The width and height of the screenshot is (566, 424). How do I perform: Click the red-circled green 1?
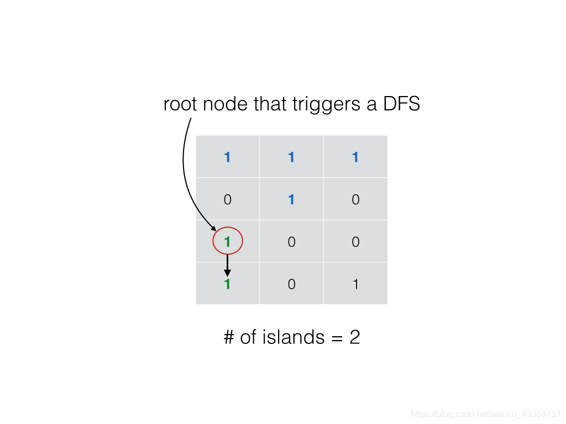(227, 241)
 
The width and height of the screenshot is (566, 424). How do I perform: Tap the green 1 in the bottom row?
(227, 284)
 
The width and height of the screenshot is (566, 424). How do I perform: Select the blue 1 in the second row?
(291, 199)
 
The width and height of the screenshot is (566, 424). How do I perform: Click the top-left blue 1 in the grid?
(227, 157)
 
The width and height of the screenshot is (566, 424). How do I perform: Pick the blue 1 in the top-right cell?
(355, 157)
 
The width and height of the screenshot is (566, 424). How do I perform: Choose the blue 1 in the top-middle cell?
(291, 157)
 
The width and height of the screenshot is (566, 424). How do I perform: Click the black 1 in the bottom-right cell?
(355, 284)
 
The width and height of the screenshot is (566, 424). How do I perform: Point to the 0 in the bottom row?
(291, 284)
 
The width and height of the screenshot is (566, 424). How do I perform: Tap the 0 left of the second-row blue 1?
(227, 199)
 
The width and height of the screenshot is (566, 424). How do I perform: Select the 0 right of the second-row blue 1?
(355, 199)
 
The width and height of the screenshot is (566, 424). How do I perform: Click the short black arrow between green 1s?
(227, 265)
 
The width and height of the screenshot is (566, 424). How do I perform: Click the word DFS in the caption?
(401, 104)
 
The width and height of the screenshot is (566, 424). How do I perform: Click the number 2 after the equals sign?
(354, 337)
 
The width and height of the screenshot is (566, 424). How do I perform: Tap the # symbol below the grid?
(229, 337)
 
